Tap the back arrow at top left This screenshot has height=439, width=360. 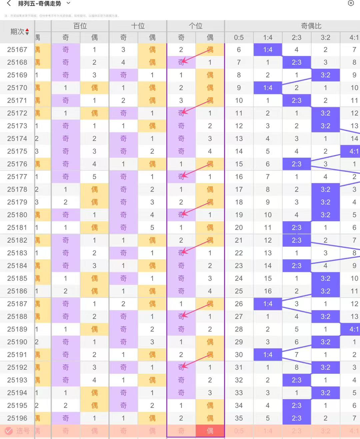coord(9,4)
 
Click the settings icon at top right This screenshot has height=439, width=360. coord(351,3)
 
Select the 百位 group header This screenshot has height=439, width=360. coord(80,26)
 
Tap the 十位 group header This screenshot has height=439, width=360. coord(138,26)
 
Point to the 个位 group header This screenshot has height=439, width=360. coord(196,26)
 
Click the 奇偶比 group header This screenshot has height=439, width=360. coord(311,26)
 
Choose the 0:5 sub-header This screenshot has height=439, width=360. coord(239,38)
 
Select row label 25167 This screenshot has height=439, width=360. coord(17,50)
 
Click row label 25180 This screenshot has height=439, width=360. coord(17,215)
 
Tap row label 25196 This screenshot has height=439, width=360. coord(17,418)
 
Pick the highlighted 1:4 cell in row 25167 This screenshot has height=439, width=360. coord(268,50)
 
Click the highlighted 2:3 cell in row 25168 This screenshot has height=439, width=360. coord(297,62)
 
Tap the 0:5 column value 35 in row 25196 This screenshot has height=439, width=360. coord(239,418)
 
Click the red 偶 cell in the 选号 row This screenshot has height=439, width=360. coord(210,431)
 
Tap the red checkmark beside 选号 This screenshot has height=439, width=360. coord(9,431)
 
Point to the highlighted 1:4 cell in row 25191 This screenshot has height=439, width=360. coord(268,355)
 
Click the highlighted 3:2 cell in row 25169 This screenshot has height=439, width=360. coord(325,75)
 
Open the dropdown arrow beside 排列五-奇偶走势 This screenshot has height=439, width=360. coord(69,3)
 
